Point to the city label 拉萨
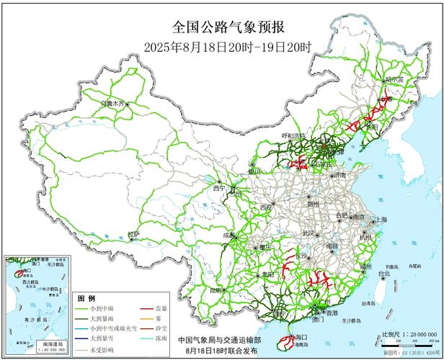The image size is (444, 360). tap(133, 234)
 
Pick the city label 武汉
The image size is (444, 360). tap(308, 233)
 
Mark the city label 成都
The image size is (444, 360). tap(229, 235)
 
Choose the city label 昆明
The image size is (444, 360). tap(214, 290)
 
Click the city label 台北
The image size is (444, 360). tap(384, 274)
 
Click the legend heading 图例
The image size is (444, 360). tap(86, 297)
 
